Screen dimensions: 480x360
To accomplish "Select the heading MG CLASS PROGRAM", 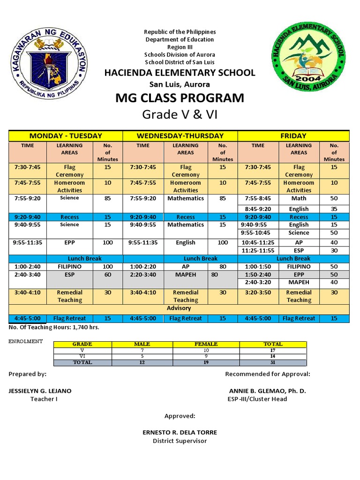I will point(180,98).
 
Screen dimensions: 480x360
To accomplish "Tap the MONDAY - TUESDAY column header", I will point(66,135).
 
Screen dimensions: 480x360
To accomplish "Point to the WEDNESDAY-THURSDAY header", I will point(180,135).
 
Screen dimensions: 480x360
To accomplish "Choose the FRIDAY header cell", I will point(293,135).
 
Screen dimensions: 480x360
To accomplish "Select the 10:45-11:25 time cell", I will point(258,242).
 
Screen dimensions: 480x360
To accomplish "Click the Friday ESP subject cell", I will point(299,250).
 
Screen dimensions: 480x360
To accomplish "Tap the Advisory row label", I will point(179,308).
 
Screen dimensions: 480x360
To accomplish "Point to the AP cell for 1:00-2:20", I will point(186,266).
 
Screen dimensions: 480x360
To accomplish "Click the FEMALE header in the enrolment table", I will point(206,344).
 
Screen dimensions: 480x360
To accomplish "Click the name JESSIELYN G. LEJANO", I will point(40,390).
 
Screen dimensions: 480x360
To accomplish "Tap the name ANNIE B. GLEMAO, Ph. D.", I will point(267,390).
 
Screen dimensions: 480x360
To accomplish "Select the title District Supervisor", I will point(180,441).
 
